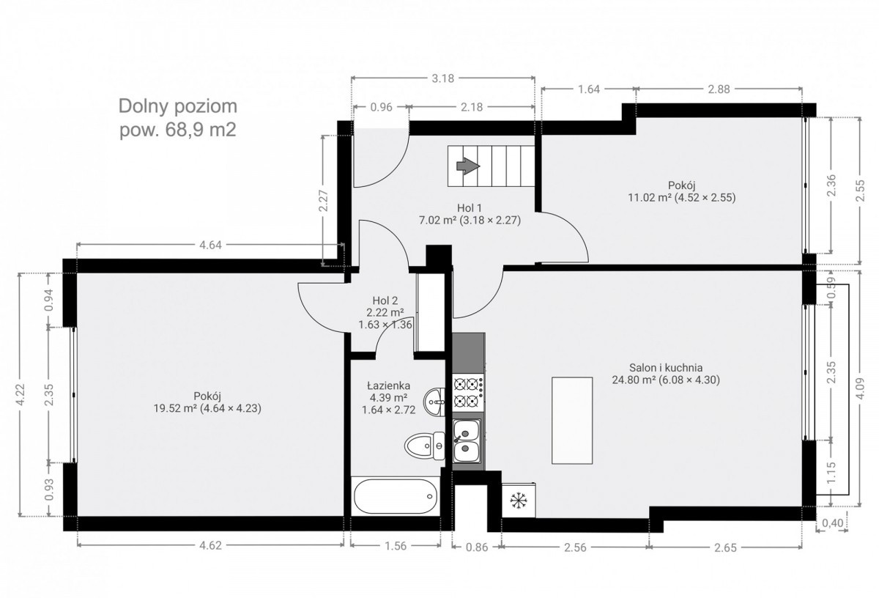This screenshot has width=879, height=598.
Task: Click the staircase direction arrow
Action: point(468,166)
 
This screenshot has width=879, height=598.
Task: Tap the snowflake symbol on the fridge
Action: point(519,501)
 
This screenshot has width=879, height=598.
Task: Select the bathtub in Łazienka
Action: point(396,496)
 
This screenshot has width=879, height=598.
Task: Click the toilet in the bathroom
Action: point(425,446)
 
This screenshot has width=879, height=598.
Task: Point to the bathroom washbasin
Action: point(434,402)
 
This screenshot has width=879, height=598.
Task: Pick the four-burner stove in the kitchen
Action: point(468,392)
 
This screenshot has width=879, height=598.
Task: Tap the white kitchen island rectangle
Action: point(572,421)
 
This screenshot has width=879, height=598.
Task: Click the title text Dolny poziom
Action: point(178,107)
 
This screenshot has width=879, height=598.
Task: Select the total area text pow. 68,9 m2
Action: point(178,130)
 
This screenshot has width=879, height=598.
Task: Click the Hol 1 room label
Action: point(470,207)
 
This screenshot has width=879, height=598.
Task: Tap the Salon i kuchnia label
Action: point(666,367)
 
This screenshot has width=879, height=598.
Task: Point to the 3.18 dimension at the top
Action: point(443,78)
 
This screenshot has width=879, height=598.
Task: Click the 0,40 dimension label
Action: point(832,523)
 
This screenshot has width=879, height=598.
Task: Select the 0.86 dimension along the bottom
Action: point(477,547)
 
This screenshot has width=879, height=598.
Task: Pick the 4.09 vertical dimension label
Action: point(860,388)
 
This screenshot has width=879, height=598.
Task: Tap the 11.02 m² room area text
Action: point(650,197)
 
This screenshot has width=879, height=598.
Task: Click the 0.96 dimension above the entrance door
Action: point(381,107)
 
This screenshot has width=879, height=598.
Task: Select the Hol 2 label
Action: point(385,300)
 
